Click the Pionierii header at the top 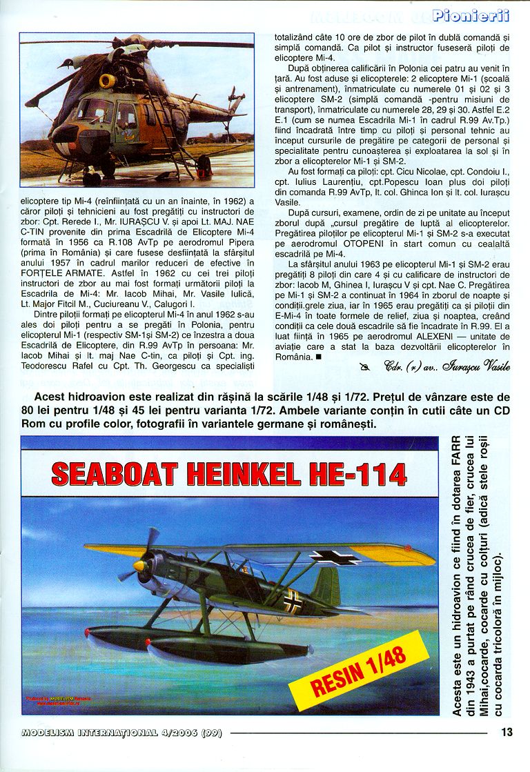472,15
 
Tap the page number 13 507,733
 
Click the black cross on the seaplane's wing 334,556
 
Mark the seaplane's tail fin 326,586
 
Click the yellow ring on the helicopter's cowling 107,81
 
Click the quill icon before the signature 364,367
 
